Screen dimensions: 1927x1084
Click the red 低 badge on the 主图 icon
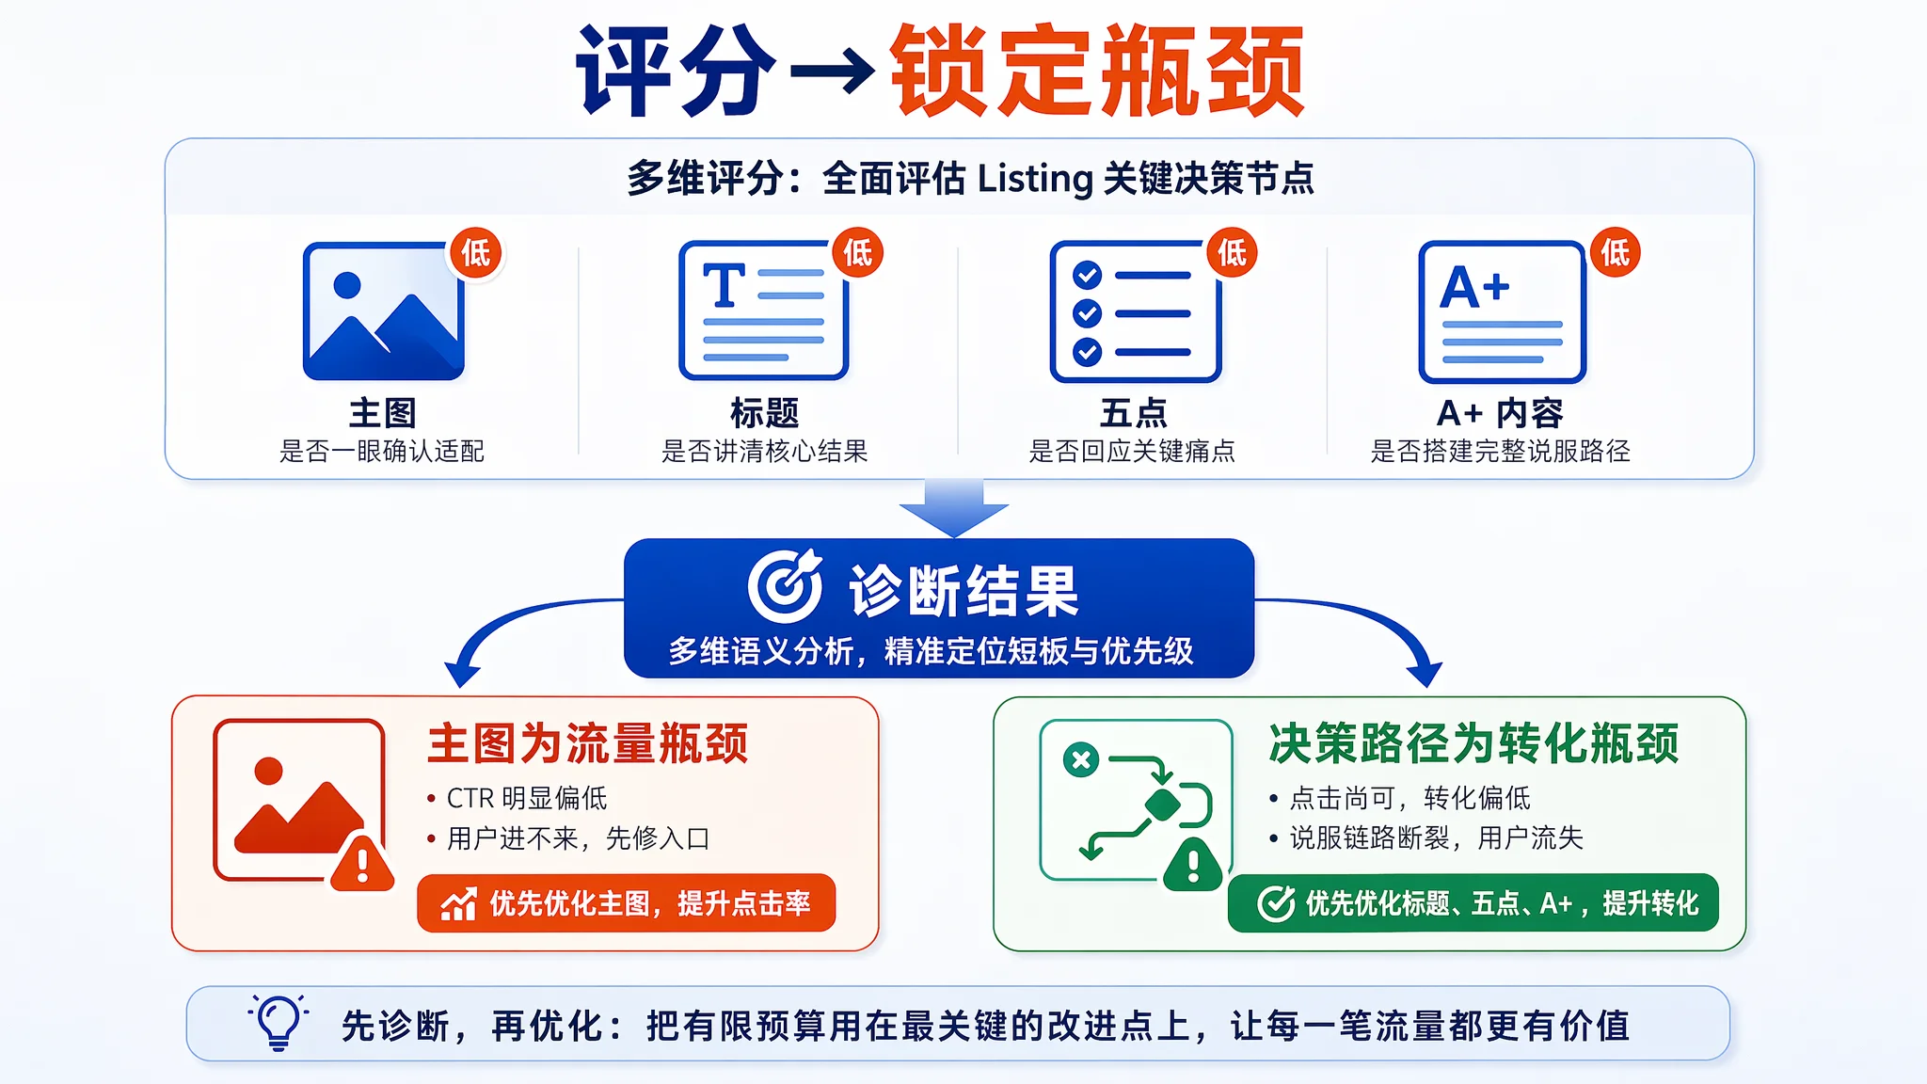(476, 252)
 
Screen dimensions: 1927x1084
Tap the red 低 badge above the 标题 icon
(858, 252)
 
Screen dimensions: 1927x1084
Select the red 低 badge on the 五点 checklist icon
(1233, 252)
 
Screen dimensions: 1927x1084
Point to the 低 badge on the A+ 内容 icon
(1616, 252)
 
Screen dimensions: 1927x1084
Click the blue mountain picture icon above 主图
(383, 311)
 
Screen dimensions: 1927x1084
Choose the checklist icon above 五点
(1135, 311)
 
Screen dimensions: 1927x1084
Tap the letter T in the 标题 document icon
(725, 285)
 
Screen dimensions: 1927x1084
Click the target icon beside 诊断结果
(785, 586)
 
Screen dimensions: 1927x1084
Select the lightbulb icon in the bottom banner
(279, 1022)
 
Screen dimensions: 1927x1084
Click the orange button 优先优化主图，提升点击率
(627, 903)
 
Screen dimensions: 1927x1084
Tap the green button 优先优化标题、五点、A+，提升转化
(1473, 903)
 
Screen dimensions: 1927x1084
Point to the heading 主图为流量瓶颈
(588, 743)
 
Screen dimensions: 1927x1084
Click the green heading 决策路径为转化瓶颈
(1473, 743)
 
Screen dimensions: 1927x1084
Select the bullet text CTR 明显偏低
(527, 798)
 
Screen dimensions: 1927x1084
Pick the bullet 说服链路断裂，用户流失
(1436, 837)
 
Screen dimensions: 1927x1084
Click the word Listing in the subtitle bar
(1034, 179)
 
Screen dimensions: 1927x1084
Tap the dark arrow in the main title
(832, 72)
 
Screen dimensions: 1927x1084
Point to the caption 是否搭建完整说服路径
(1501, 452)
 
